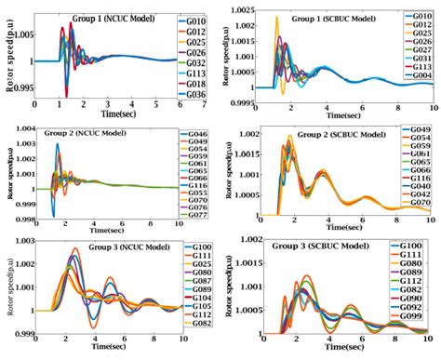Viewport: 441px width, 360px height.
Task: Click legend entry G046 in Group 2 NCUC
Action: click(195, 136)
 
